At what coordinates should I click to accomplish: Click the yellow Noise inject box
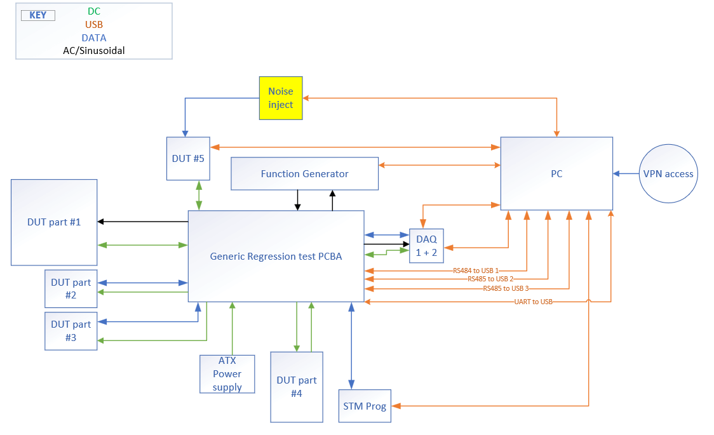click(x=281, y=98)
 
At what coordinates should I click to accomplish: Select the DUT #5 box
click(x=188, y=158)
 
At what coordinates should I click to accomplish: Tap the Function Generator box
click(x=304, y=173)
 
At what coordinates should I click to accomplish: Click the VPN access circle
click(x=668, y=173)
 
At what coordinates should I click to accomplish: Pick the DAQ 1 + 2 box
click(x=426, y=246)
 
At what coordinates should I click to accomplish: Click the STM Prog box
click(x=364, y=406)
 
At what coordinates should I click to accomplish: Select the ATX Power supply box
click(x=227, y=373)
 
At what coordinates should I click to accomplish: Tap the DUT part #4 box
click(x=297, y=386)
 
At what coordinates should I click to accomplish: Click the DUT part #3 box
click(x=71, y=331)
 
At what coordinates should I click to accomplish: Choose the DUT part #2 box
click(x=71, y=288)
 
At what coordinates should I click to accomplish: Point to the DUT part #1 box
click(x=54, y=222)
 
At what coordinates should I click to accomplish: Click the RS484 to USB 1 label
click(x=476, y=270)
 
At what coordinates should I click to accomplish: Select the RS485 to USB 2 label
click(x=490, y=279)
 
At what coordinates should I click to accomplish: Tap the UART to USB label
click(x=533, y=302)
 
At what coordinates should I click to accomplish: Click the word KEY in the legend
click(x=38, y=15)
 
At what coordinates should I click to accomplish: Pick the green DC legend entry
click(x=94, y=11)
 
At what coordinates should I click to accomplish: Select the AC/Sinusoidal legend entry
click(x=94, y=51)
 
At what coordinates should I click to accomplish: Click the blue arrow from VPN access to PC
click(x=626, y=173)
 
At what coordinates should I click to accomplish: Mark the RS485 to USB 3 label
click(x=506, y=288)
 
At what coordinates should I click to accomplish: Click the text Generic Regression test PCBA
click(x=276, y=257)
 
